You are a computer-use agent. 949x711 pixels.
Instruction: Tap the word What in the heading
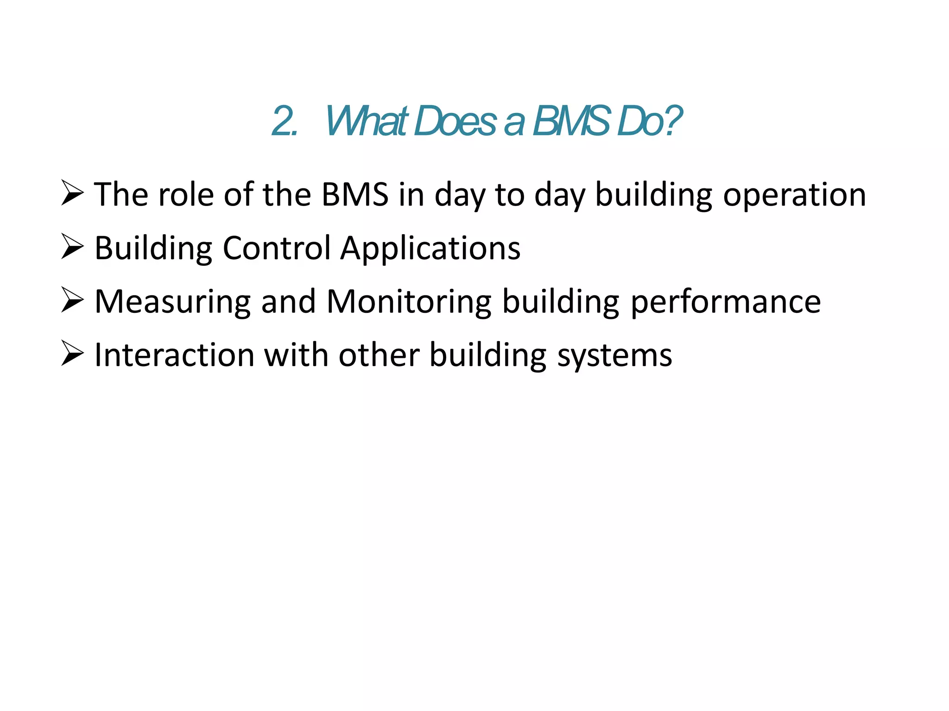366,121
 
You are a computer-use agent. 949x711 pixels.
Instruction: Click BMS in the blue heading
571,121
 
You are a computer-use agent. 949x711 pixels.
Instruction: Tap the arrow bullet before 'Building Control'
72,247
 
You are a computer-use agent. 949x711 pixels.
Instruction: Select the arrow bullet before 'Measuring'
72,300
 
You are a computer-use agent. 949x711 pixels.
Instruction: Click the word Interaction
174,355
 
